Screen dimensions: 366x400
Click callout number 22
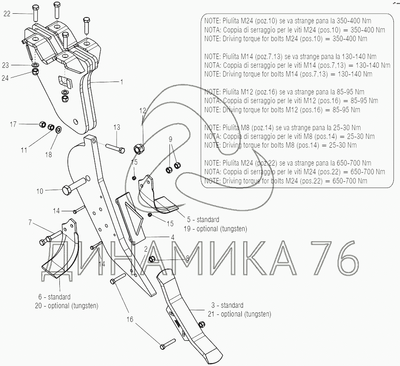click(7, 14)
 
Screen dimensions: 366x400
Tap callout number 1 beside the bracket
click(122, 82)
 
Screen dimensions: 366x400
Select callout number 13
click(117, 127)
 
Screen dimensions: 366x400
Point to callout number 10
click(40, 191)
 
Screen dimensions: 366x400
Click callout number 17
click(13, 124)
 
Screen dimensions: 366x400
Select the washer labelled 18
click(58, 129)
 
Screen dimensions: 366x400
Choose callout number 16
click(130, 319)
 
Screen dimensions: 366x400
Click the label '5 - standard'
click(203, 219)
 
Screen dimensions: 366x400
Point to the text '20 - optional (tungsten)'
click(67, 306)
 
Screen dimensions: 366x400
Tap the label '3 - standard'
click(226, 305)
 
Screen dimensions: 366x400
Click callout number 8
click(187, 258)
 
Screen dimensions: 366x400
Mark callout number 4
click(172, 237)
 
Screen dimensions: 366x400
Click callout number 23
click(5, 65)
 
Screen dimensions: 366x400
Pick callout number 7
click(30, 223)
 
